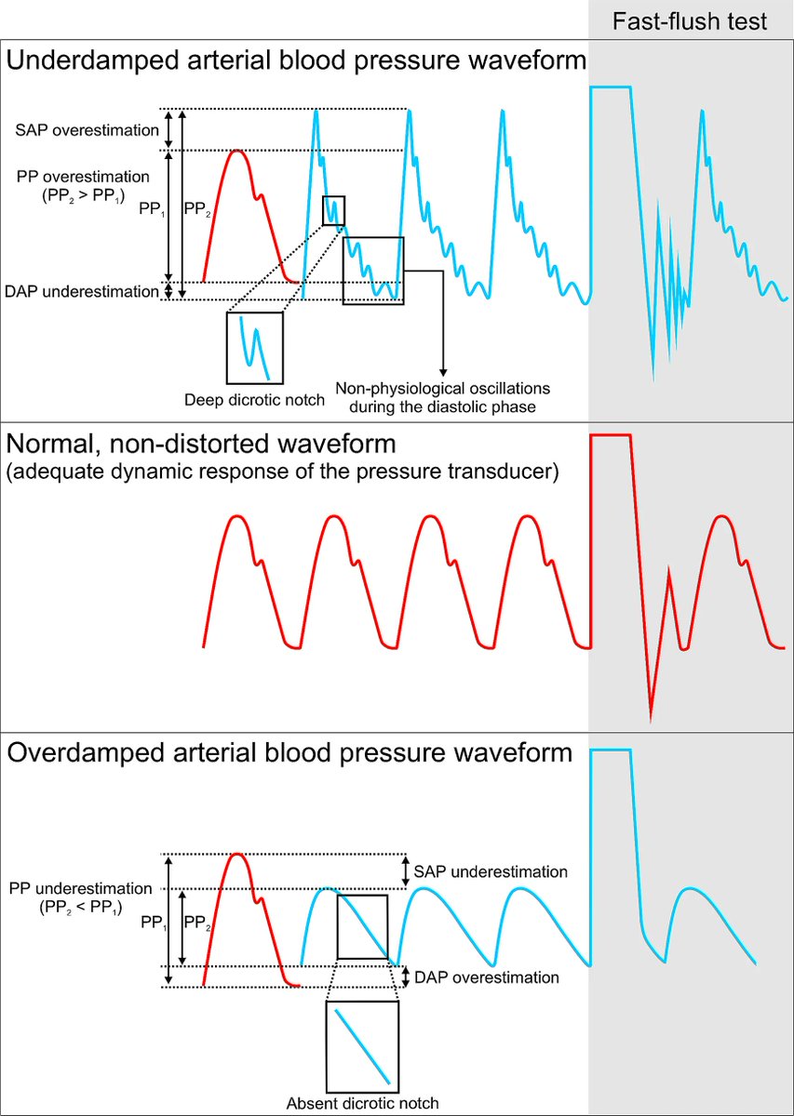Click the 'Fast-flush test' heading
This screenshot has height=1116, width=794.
coord(690,21)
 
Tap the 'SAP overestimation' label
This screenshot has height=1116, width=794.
coord(81,130)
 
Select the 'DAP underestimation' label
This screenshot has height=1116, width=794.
coord(80,292)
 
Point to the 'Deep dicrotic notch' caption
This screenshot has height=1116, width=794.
coord(255,401)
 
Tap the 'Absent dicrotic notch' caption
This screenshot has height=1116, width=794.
coord(363,1103)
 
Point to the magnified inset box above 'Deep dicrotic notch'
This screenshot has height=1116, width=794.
coord(254,348)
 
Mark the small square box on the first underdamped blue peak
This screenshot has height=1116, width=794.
coord(333,211)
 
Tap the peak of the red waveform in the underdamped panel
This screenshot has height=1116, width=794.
coord(237,151)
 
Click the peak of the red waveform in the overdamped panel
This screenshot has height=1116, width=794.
coord(238,855)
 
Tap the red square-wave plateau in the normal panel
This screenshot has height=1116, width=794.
coord(611,435)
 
